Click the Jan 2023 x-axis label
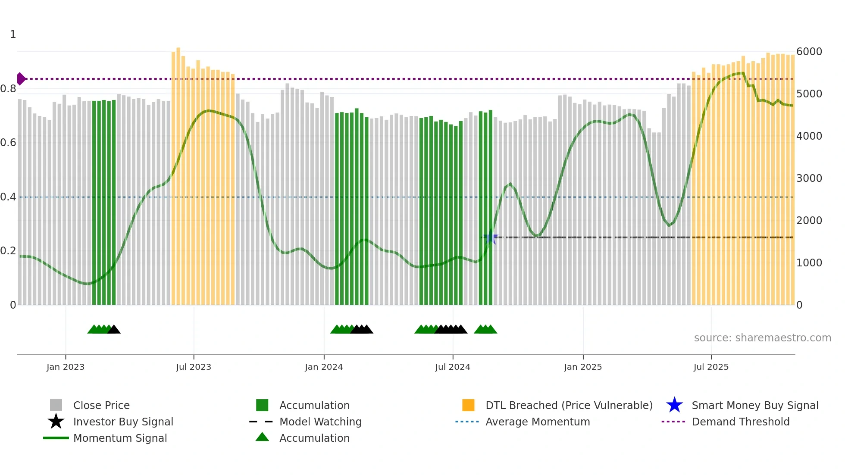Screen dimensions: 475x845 [66, 367]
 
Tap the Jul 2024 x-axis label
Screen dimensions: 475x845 [453, 367]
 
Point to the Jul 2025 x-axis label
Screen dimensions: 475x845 [711, 367]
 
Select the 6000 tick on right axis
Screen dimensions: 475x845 [809, 52]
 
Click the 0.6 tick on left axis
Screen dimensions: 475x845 [8, 143]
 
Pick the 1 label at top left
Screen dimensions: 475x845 [13, 34]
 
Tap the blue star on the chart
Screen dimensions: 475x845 [490, 237]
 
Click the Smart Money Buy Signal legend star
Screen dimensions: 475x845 [674, 405]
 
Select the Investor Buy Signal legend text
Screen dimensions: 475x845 [123, 422]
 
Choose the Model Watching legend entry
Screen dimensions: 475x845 [320, 422]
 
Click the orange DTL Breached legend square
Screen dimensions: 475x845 [468, 405]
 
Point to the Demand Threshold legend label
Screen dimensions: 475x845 [740, 422]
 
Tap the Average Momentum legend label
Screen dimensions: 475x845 [538, 422]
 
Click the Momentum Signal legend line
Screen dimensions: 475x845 [56, 438]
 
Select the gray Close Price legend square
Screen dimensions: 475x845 [56, 405]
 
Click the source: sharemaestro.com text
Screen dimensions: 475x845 [762, 338]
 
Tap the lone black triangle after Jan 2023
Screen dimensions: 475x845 [114, 330]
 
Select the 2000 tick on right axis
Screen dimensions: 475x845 [809, 221]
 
